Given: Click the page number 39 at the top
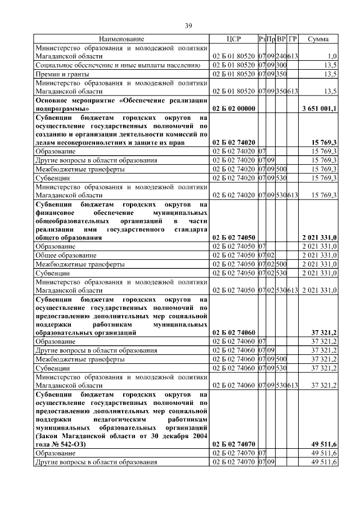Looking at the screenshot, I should click(x=189, y=25).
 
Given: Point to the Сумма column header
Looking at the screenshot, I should click(x=319, y=39).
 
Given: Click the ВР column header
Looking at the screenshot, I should click(x=281, y=39).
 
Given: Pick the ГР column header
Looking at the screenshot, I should click(x=292, y=39).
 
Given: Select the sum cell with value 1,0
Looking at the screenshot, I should click(x=332, y=56).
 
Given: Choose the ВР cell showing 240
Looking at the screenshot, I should click(x=281, y=56).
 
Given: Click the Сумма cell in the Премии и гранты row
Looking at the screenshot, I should click(x=331, y=74).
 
